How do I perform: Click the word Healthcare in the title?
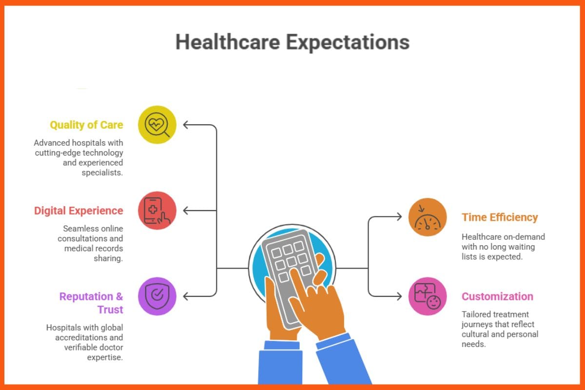(x=228, y=42)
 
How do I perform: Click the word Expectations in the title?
(x=348, y=42)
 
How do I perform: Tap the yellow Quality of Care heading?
(x=86, y=125)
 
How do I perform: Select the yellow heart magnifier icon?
(x=157, y=125)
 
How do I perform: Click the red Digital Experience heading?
(x=78, y=211)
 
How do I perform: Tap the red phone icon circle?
(x=157, y=211)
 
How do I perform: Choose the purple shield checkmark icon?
(x=157, y=296)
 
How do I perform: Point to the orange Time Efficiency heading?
(x=500, y=217)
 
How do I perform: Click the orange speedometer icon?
(x=428, y=217)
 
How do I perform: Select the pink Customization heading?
(x=497, y=296)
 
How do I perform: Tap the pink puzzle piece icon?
(x=428, y=296)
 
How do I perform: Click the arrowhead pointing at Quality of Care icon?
(x=186, y=125)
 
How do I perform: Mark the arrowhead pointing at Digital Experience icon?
(x=186, y=211)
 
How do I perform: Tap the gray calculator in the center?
(x=288, y=273)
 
